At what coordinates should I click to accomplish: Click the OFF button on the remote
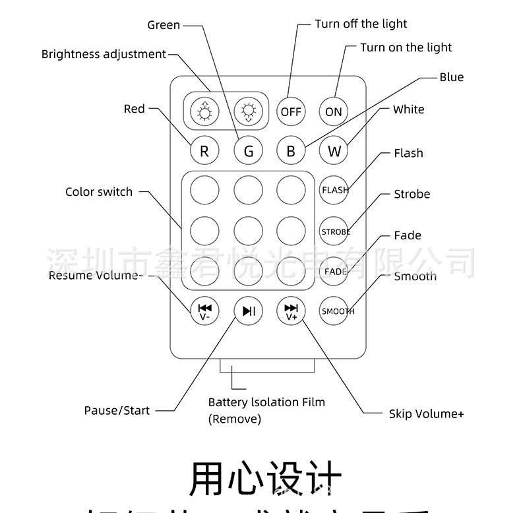tap(291, 111)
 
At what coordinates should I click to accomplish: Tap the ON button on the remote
tap(334, 111)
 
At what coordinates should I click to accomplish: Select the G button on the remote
tap(249, 151)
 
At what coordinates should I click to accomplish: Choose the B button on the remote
tap(291, 151)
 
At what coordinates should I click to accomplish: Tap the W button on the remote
tap(334, 151)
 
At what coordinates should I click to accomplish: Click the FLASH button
tap(334, 190)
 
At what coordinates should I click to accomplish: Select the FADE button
tap(334, 272)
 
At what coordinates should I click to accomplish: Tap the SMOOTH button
tap(334, 311)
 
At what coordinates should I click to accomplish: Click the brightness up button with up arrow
tap(204, 111)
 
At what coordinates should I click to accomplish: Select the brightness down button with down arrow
tap(248, 111)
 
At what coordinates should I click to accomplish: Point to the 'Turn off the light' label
tap(361, 24)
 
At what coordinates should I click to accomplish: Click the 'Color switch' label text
tap(99, 192)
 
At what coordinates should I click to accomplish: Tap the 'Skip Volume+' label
tap(426, 413)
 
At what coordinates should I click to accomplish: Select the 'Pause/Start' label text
tap(117, 410)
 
